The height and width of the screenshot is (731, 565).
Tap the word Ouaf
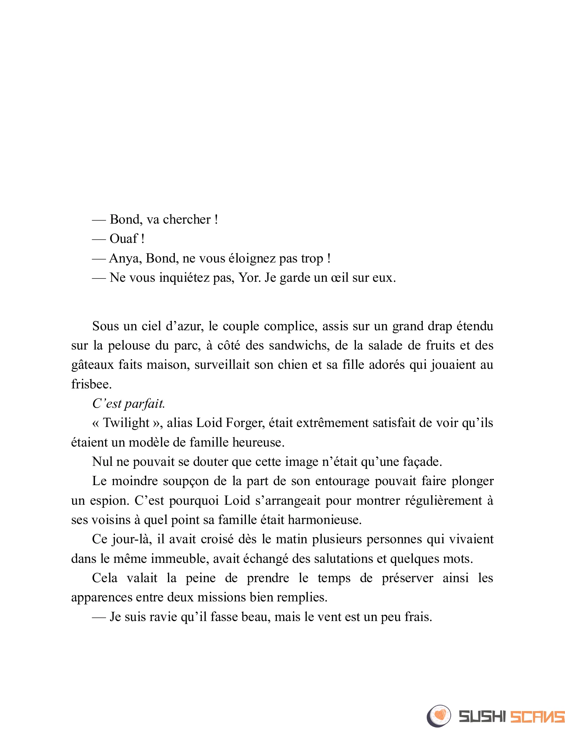[x=124, y=239]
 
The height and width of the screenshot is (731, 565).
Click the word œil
[x=339, y=278]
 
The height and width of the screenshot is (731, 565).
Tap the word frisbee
[x=91, y=384]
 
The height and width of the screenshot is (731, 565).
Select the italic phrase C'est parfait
[x=129, y=404]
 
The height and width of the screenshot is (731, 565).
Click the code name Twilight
[x=126, y=423]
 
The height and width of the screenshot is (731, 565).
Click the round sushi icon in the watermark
[x=439, y=716]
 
